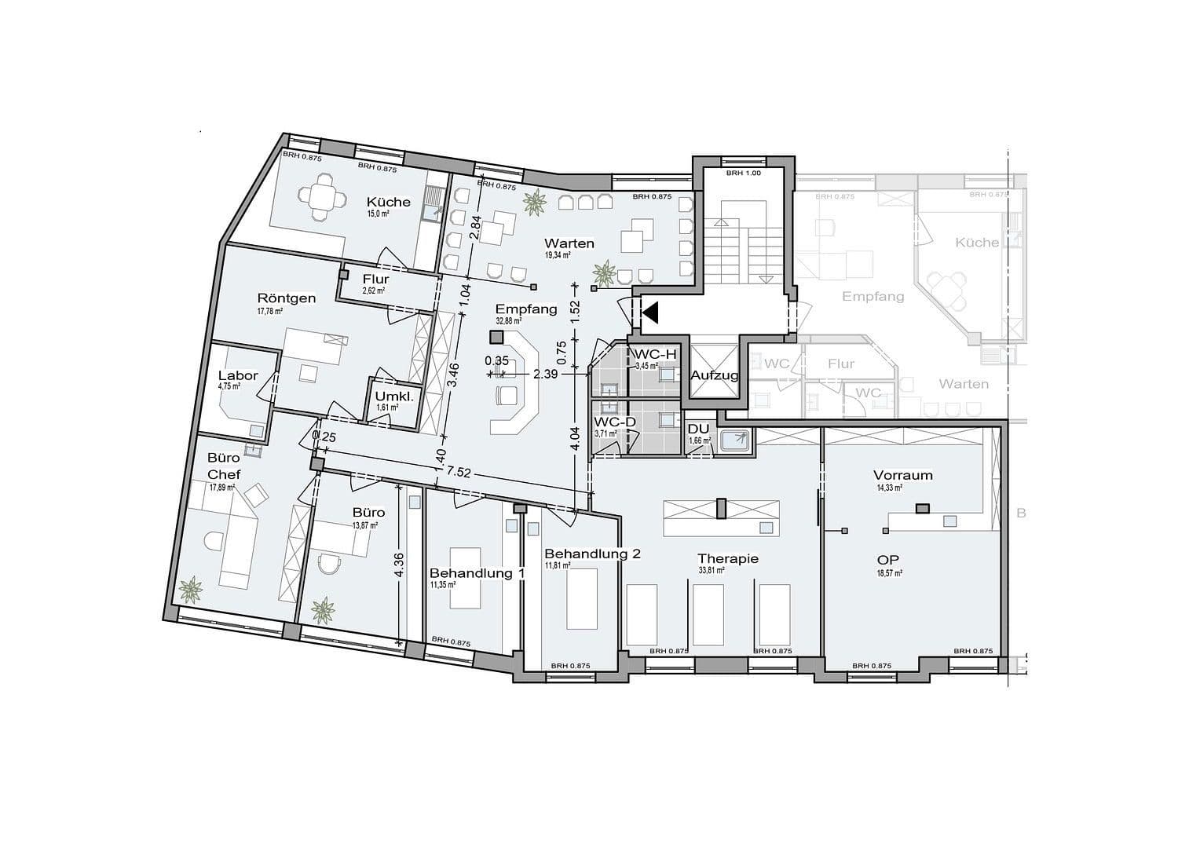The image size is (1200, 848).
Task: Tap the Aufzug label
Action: (x=714, y=375)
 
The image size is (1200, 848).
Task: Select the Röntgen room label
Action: (x=287, y=298)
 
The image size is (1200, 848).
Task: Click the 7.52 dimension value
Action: (x=459, y=472)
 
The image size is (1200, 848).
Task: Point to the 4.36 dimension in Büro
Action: (x=400, y=565)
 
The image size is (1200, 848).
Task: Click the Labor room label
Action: (x=238, y=375)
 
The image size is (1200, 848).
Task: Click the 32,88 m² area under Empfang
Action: (x=508, y=321)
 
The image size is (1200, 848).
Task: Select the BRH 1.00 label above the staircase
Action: (x=743, y=173)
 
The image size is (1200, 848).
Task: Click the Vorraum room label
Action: (x=903, y=475)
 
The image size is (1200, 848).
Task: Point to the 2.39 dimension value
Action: (x=545, y=375)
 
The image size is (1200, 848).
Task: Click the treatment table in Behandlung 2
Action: (x=581, y=598)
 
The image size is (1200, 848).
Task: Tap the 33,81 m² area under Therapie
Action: (x=711, y=571)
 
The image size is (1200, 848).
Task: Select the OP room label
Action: (x=888, y=560)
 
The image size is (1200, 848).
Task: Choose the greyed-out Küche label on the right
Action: (x=977, y=243)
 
